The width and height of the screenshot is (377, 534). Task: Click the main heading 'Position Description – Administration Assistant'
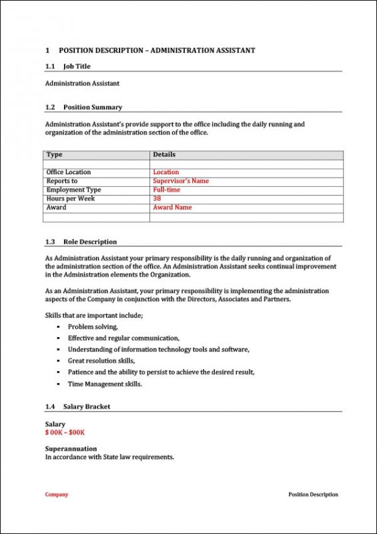click(x=156, y=50)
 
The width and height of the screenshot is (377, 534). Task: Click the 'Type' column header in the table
click(x=55, y=155)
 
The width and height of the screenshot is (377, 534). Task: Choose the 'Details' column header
click(x=164, y=155)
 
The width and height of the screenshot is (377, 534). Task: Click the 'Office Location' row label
click(x=69, y=172)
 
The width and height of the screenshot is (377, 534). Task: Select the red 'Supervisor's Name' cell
click(x=181, y=181)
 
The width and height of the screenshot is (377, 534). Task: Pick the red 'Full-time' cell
click(x=166, y=190)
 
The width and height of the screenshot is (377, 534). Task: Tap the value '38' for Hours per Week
click(x=157, y=198)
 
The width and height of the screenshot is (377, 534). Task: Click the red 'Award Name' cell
click(x=172, y=207)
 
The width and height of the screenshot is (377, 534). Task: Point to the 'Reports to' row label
click(x=62, y=181)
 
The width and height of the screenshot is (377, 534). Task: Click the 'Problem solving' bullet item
click(x=93, y=326)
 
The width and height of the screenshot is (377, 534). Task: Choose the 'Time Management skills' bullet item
click(x=105, y=384)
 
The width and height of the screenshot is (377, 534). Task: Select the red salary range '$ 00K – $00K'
click(x=65, y=432)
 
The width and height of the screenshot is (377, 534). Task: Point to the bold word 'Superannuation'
click(x=71, y=449)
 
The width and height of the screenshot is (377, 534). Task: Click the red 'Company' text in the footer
click(x=57, y=495)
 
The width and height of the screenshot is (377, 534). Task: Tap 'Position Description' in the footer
click(x=313, y=495)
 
